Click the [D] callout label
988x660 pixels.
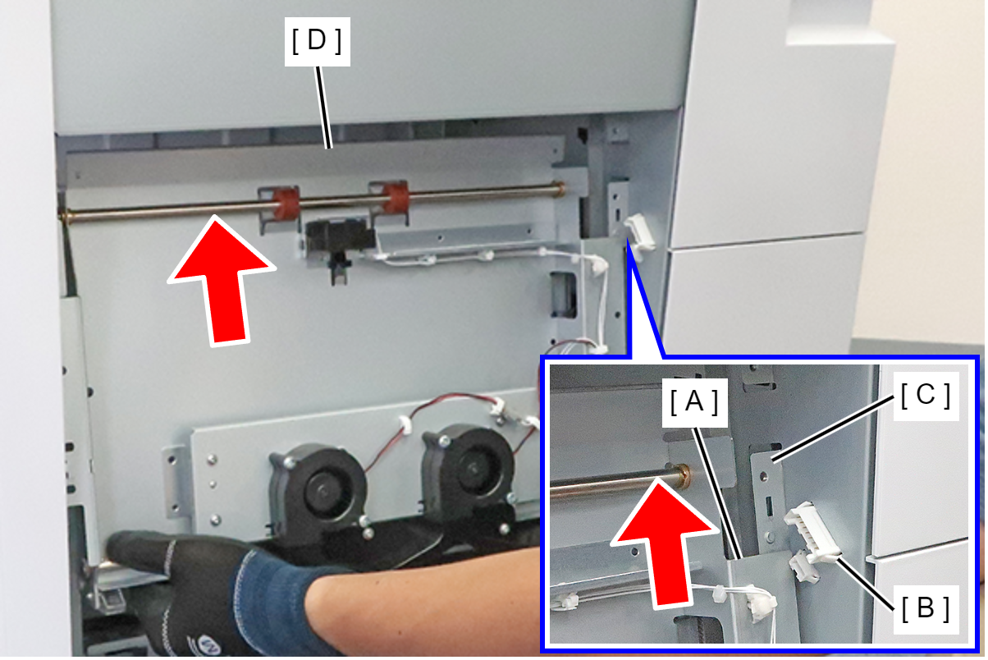point(317,42)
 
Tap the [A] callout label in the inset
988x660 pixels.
point(695,402)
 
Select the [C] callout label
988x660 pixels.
point(926,396)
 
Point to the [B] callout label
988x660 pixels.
point(926,609)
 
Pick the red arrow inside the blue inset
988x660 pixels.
point(665,544)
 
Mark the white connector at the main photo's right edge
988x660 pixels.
point(640,231)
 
